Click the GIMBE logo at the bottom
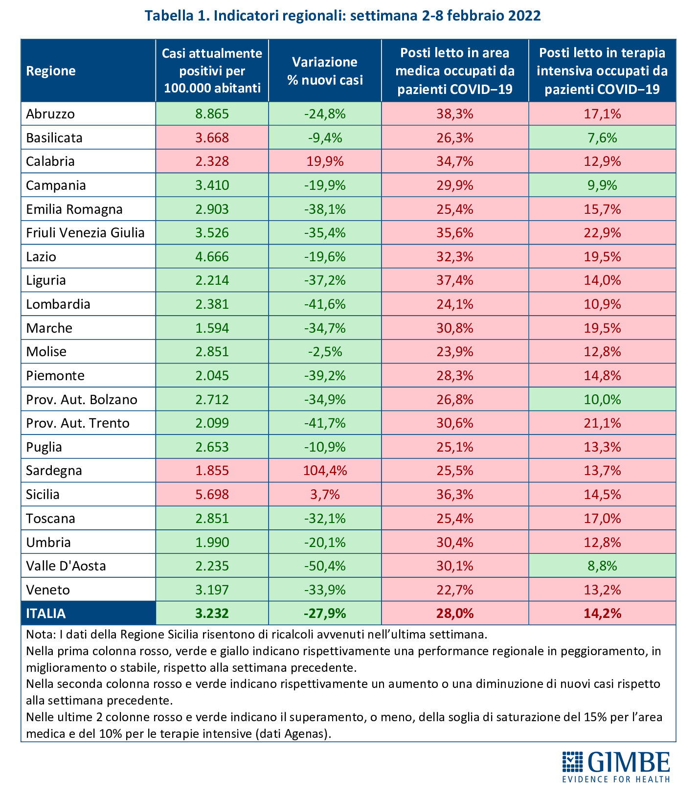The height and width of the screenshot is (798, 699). click(x=616, y=767)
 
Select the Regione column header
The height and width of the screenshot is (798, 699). click(x=51, y=71)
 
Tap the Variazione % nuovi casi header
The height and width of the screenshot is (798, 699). click(x=325, y=71)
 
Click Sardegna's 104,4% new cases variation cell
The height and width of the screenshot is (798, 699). click(x=325, y=471)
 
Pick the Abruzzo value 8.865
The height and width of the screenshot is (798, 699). click(x=212, y=114)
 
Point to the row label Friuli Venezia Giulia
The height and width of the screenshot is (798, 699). click(x=86, y=232)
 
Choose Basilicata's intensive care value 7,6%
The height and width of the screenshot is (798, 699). click(x=602, y=138)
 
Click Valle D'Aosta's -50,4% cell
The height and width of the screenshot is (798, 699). click(x=325, y=566)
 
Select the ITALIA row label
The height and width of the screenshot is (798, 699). click(x=46, y=614)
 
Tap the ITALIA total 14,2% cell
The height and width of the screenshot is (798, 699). click(x=602, y=614)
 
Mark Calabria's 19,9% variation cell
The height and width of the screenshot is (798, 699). click(x=325, y=161)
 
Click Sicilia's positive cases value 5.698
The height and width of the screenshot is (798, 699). click(x=212, y=495)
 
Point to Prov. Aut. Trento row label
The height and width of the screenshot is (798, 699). click(x=78, y=423)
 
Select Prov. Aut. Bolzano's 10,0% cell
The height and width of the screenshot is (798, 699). click(x=602, y=399)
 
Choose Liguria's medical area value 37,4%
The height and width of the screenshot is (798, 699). click(x=455, y=280)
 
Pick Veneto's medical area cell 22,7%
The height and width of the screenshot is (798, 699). click(x=455, y=590)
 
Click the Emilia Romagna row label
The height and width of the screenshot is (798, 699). click(x=74, y=209)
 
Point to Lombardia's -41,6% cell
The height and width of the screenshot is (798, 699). click(x=325, y=304)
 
